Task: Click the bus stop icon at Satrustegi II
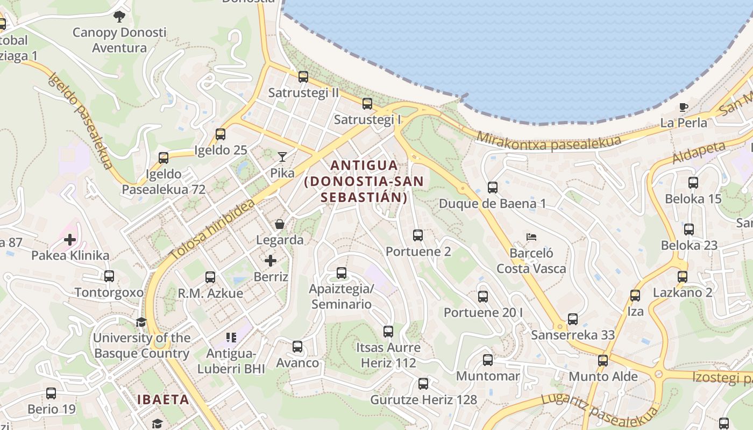303,77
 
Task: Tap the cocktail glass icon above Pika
282,156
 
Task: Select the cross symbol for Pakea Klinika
70,239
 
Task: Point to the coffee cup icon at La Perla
684,107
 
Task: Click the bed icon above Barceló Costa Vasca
531,236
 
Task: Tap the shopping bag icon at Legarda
279,224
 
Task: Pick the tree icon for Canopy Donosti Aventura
119,16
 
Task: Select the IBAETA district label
163,399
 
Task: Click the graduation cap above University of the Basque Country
141,322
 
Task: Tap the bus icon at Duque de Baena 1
493,188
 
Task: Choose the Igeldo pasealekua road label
81,121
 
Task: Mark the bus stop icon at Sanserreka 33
573,319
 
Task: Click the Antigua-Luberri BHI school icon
231,338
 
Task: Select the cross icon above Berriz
271,261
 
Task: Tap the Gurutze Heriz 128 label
424,399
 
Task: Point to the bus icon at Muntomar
488,360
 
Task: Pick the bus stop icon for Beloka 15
693,183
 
